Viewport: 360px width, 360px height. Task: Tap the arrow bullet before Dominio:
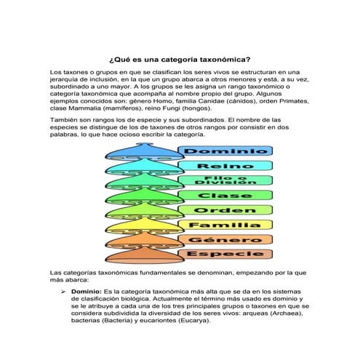pyautogui.click(x=63, y=291)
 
